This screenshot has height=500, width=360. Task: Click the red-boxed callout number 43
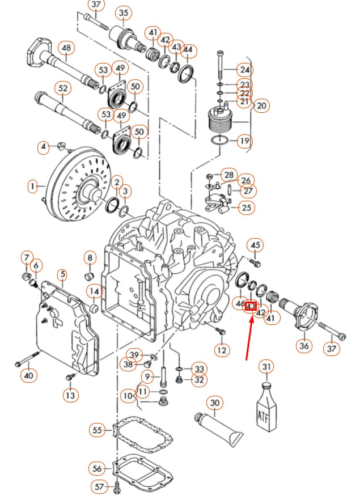pyautogui.click(x=251, y=307)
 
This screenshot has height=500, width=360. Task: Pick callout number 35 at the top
pyautogui.click(x=124, y=12)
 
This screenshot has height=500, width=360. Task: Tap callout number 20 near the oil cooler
pyautogui.click(x=261, y=105)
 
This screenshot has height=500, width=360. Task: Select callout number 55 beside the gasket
pyautogui.click(x=97, y=430)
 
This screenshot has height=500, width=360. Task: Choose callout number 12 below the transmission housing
pyautogui.click(x=222, y=350)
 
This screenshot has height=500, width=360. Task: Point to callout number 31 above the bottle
pyautogui.click(x=266, y=367)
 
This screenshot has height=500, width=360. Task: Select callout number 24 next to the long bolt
pyautogui.click(x=244, y=70)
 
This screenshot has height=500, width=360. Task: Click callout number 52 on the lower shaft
pyautogui.click(x=62, y=88)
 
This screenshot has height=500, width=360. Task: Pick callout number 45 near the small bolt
pyautogui.click(x=256, y=245)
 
